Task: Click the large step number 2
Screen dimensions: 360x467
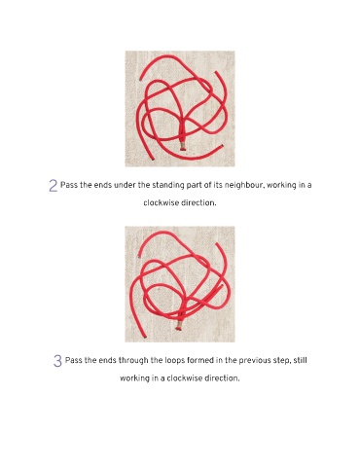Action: click(53, 186)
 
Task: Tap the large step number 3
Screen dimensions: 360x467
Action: click(57, 361)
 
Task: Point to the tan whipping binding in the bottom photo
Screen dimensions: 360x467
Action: click(178, 326)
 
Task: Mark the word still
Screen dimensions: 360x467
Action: click(300, 360)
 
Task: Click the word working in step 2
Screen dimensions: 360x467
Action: click(281, 186)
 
